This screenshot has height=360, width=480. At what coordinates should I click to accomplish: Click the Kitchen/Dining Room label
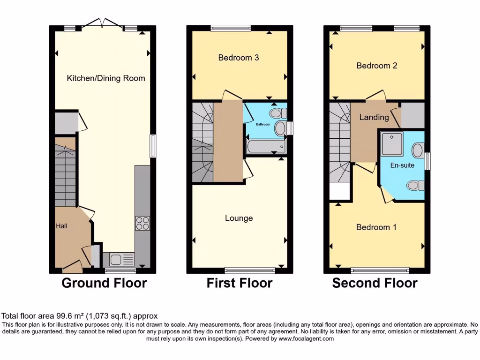(106, 78)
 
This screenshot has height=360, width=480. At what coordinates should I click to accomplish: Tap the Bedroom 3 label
(239, 58)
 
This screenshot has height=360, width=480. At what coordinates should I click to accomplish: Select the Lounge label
(239, 218)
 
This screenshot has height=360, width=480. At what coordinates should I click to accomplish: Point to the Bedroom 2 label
(377, 66)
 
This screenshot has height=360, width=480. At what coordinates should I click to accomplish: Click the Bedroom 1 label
(376, 227)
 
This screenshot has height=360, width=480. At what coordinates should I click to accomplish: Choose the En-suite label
(402, 165)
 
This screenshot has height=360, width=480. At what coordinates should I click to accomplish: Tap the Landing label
(374, 117)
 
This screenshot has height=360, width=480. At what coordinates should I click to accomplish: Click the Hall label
(61, 226)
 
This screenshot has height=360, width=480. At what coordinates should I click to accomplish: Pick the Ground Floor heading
(105, 283)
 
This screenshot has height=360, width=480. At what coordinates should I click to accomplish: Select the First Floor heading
(240, 283)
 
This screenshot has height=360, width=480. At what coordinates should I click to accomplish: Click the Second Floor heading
(375, 283)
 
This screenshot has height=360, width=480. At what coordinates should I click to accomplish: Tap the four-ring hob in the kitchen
(142, 224)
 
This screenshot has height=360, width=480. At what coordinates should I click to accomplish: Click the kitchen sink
(121, 260)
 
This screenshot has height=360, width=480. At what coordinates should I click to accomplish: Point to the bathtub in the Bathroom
(266, 147)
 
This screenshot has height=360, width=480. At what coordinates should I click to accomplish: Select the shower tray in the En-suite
(392, 143)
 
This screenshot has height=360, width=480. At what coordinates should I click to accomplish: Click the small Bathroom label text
(263, 124)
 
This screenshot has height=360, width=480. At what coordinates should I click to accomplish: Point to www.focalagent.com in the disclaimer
(306, 338)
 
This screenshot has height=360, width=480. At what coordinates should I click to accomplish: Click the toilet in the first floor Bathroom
(277, 113)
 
